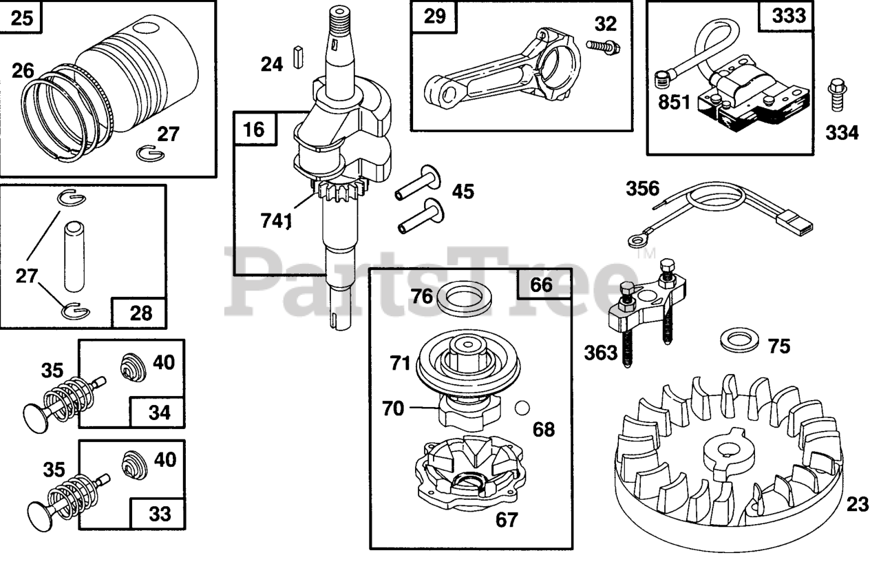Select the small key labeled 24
tap(298, 56)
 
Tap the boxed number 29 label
tap(434, 17)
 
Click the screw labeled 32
tap(603, 46)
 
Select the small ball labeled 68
tap(524, 407)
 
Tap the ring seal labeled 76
tap(463, 299)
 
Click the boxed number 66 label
tap(542, 284)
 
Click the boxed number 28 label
tap(140, 313)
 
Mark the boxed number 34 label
tap(159, 413)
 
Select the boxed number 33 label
tap(159, 514)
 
